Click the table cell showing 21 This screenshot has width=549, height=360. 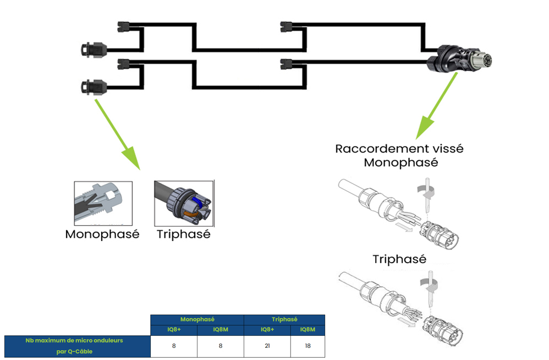tap(267, 346)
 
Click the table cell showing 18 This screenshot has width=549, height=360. tap(308, 346)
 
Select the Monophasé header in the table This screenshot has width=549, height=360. tap(197, 319)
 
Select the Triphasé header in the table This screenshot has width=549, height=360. tap(284, 319)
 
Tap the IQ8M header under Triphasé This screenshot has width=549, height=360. tap(308, 330)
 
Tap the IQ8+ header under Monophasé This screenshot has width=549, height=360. tap(173, 330)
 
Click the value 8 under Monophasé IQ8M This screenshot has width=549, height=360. tap(220, 346)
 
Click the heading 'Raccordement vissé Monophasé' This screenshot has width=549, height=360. tap(399, 156)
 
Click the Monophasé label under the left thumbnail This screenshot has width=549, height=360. tap(102, 234)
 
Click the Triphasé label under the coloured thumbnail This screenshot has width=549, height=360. tap(183, 234)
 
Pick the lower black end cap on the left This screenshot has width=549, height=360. tap(93, 86)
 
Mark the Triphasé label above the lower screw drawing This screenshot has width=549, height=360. tap(399, 259)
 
